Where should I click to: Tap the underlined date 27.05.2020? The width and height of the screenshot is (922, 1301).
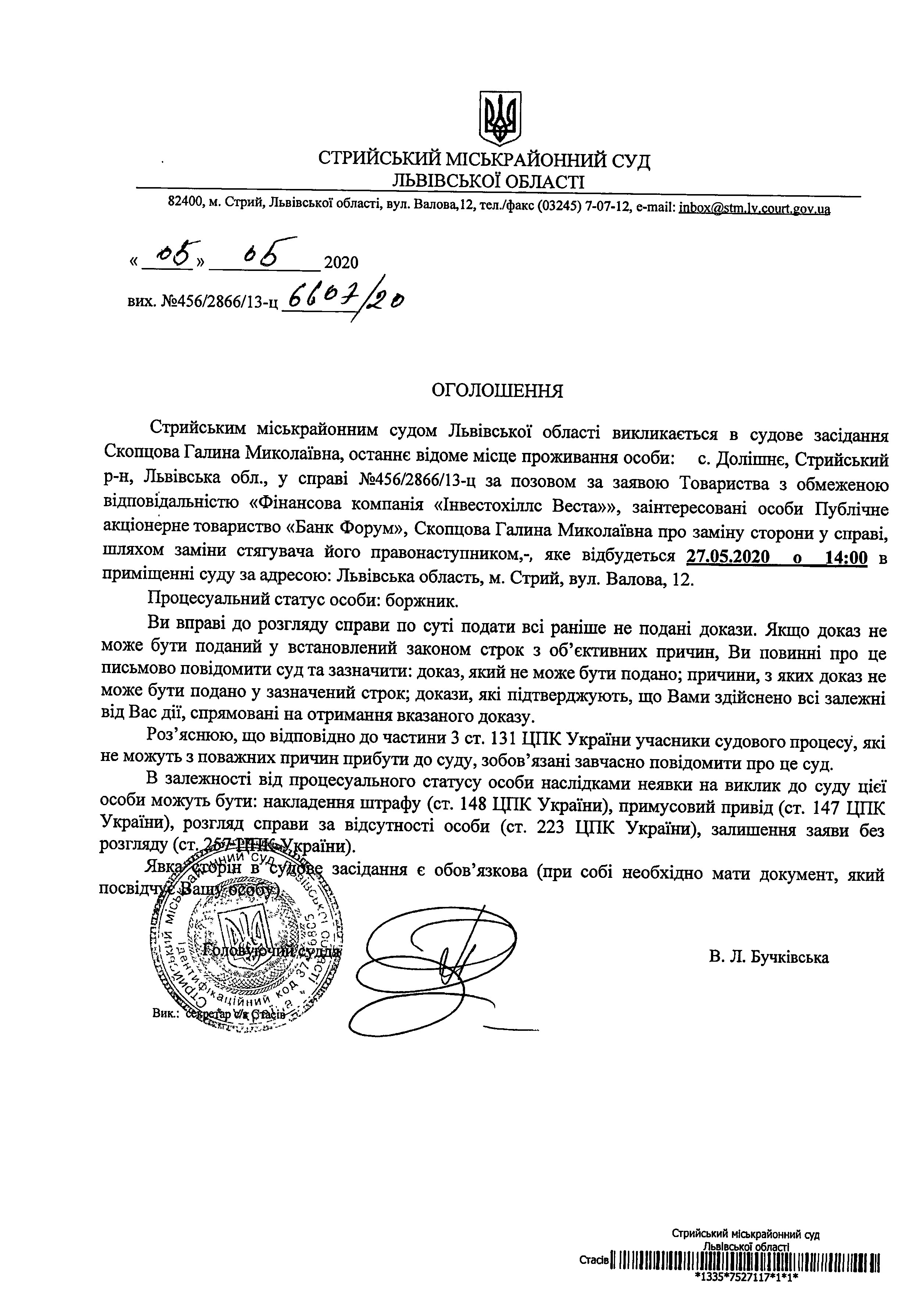[x=728, y=557]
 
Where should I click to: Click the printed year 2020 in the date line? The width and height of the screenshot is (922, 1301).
[x=341, y=262]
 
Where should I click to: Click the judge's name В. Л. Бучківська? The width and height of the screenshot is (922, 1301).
[x=768, y=957]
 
